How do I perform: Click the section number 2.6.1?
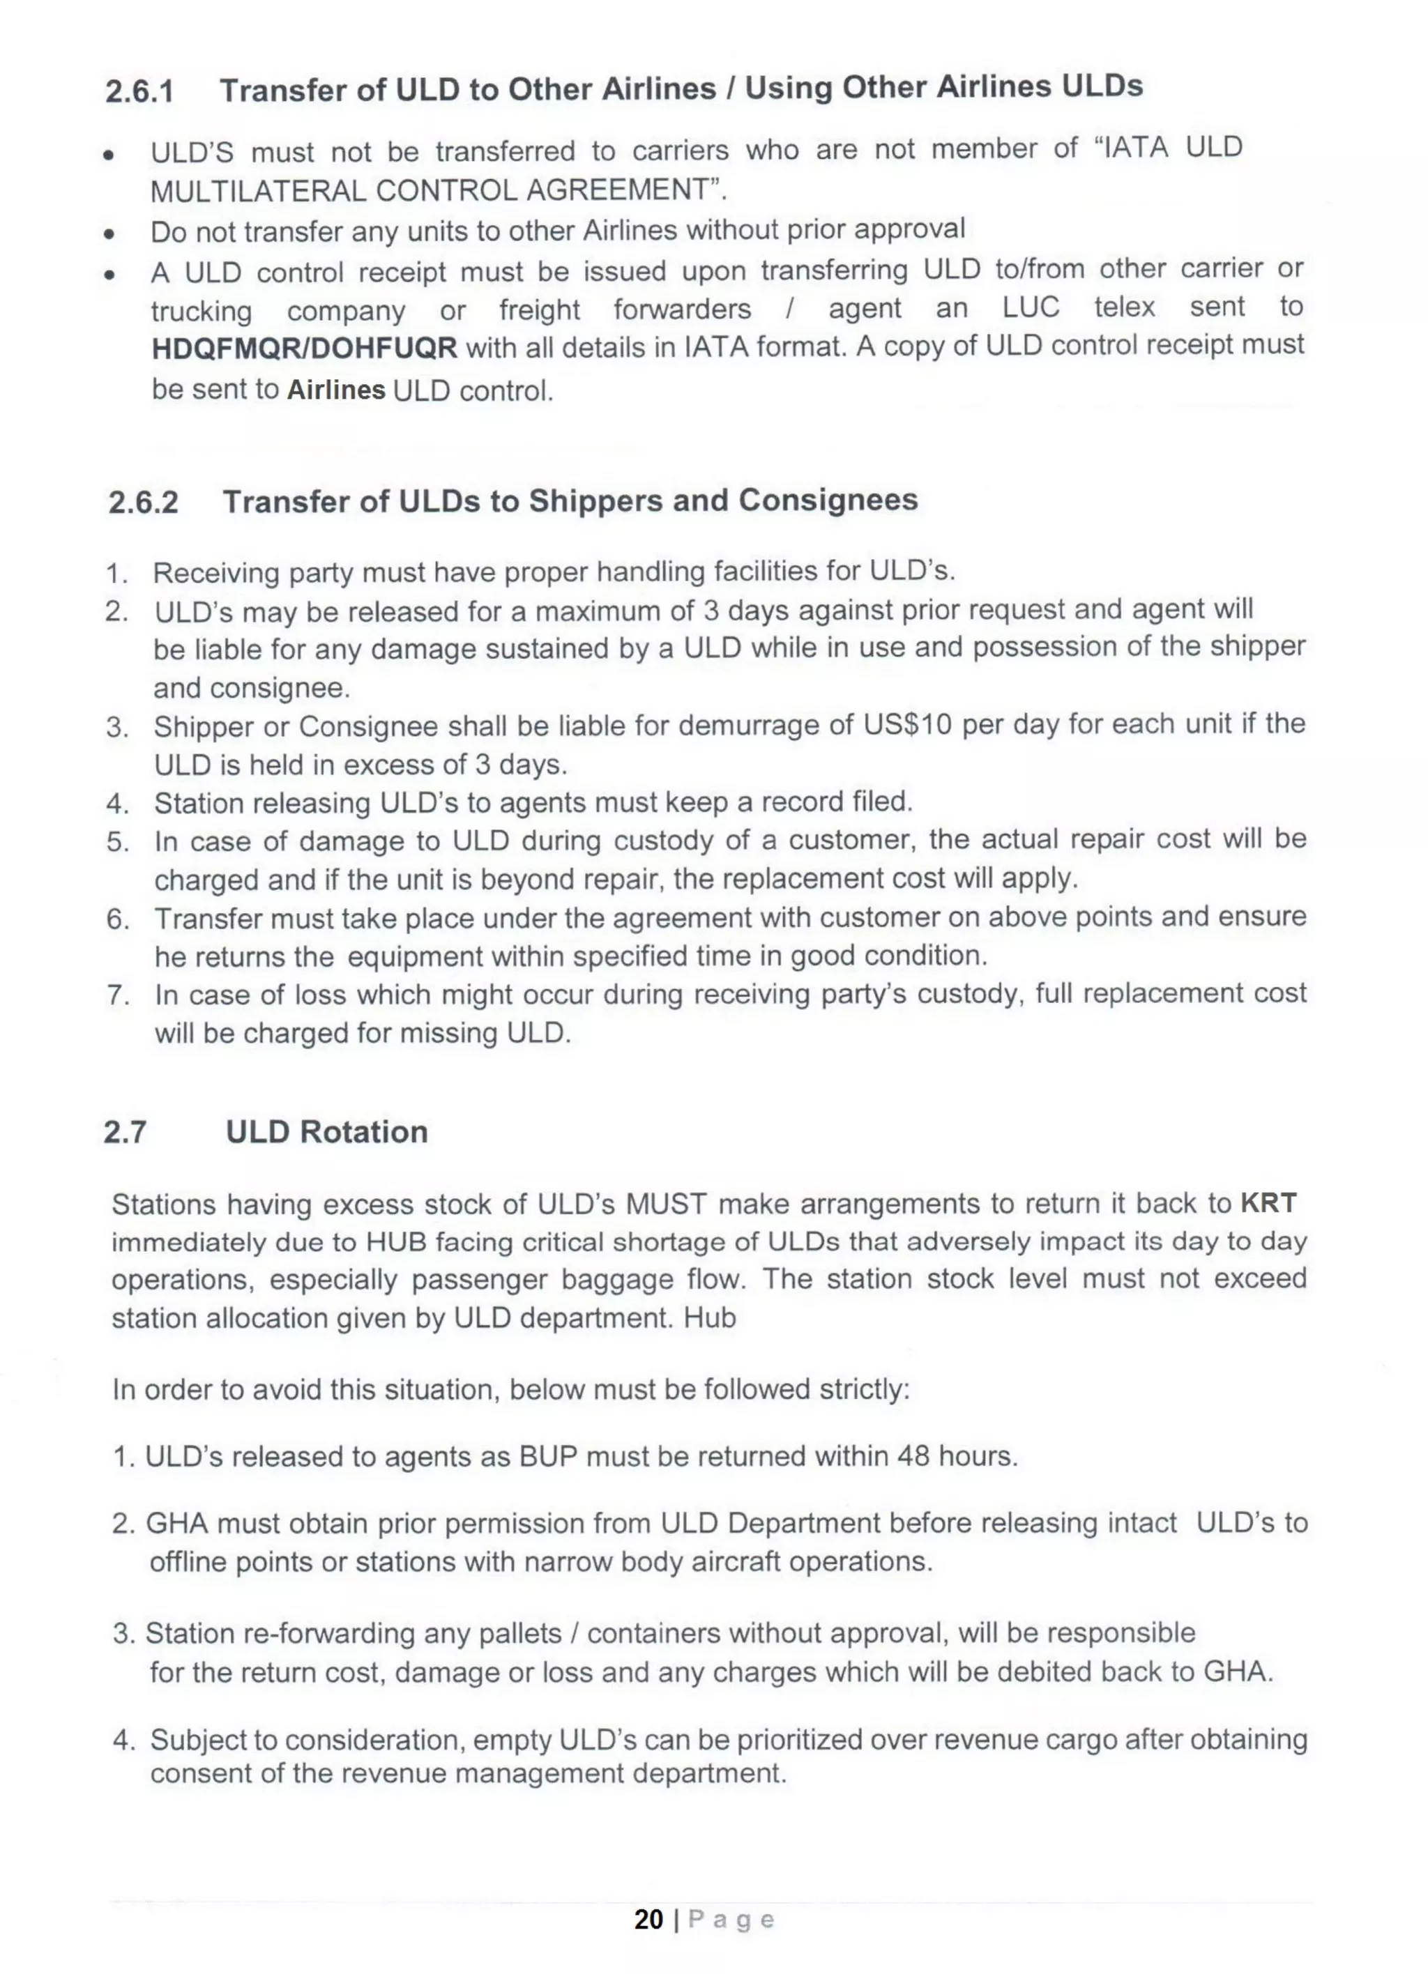pyautogui.click(x=139, y=91)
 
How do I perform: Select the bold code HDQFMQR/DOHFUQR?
pyautogui.click(x=304, y=348)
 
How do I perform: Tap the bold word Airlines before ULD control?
pyautogui.click(x=336, y=390)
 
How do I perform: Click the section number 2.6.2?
pyautogui.click(x=143, y=502)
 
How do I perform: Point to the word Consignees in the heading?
pyautogui.click(x=828, y=500)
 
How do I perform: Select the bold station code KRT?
pyautogui.click(x=1268, y=1203)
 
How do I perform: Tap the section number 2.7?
pyautogui.click(x=125, y=1131)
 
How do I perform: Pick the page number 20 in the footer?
pyautogui.click(x=648, y=1919)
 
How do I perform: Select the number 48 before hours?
pyautogui.click(x=913, y=1455)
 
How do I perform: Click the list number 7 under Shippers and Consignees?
pyautogui.click(x=118, y=995)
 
